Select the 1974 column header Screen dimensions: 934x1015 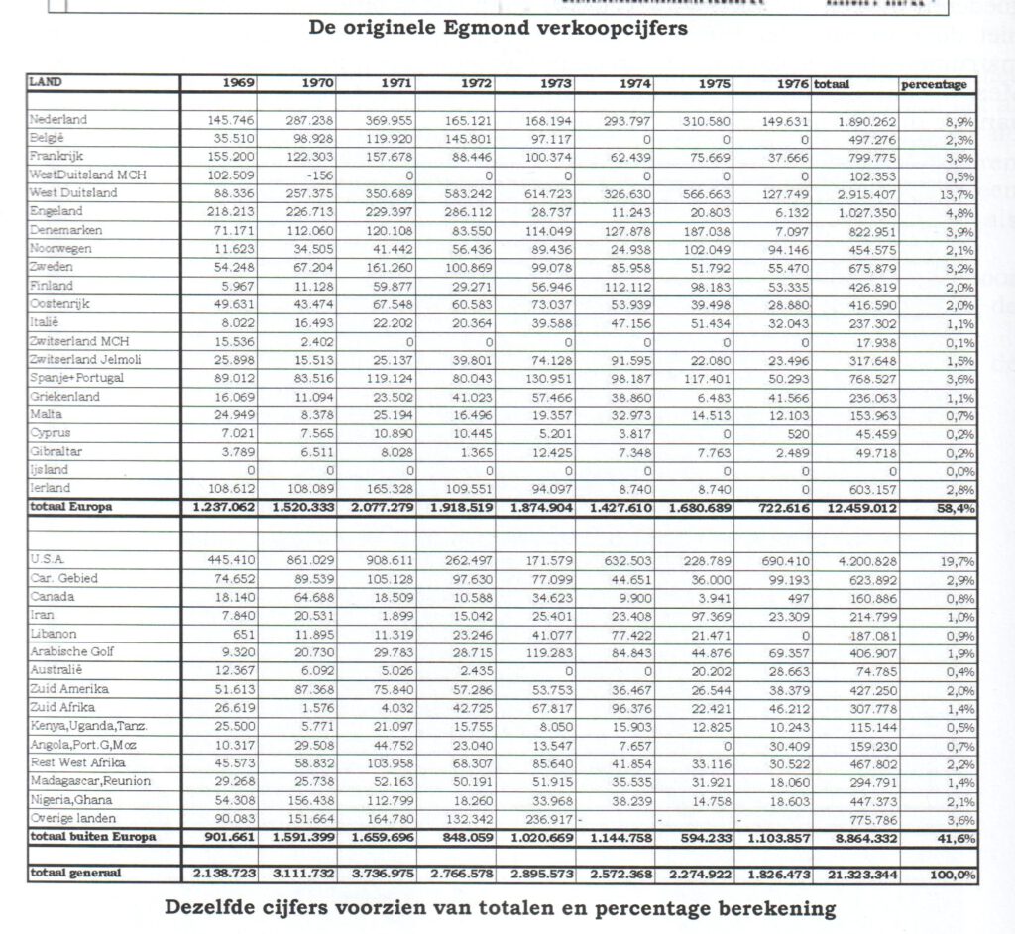[x=634, y=85]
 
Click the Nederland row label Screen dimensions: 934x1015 [x=58, y=120]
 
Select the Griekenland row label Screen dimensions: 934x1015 [x=64, y=396]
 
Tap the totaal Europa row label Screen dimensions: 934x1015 [x=70, y=507]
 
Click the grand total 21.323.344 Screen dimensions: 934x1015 [x=860, y=876]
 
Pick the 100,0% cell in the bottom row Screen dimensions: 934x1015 [x=953, y=876]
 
